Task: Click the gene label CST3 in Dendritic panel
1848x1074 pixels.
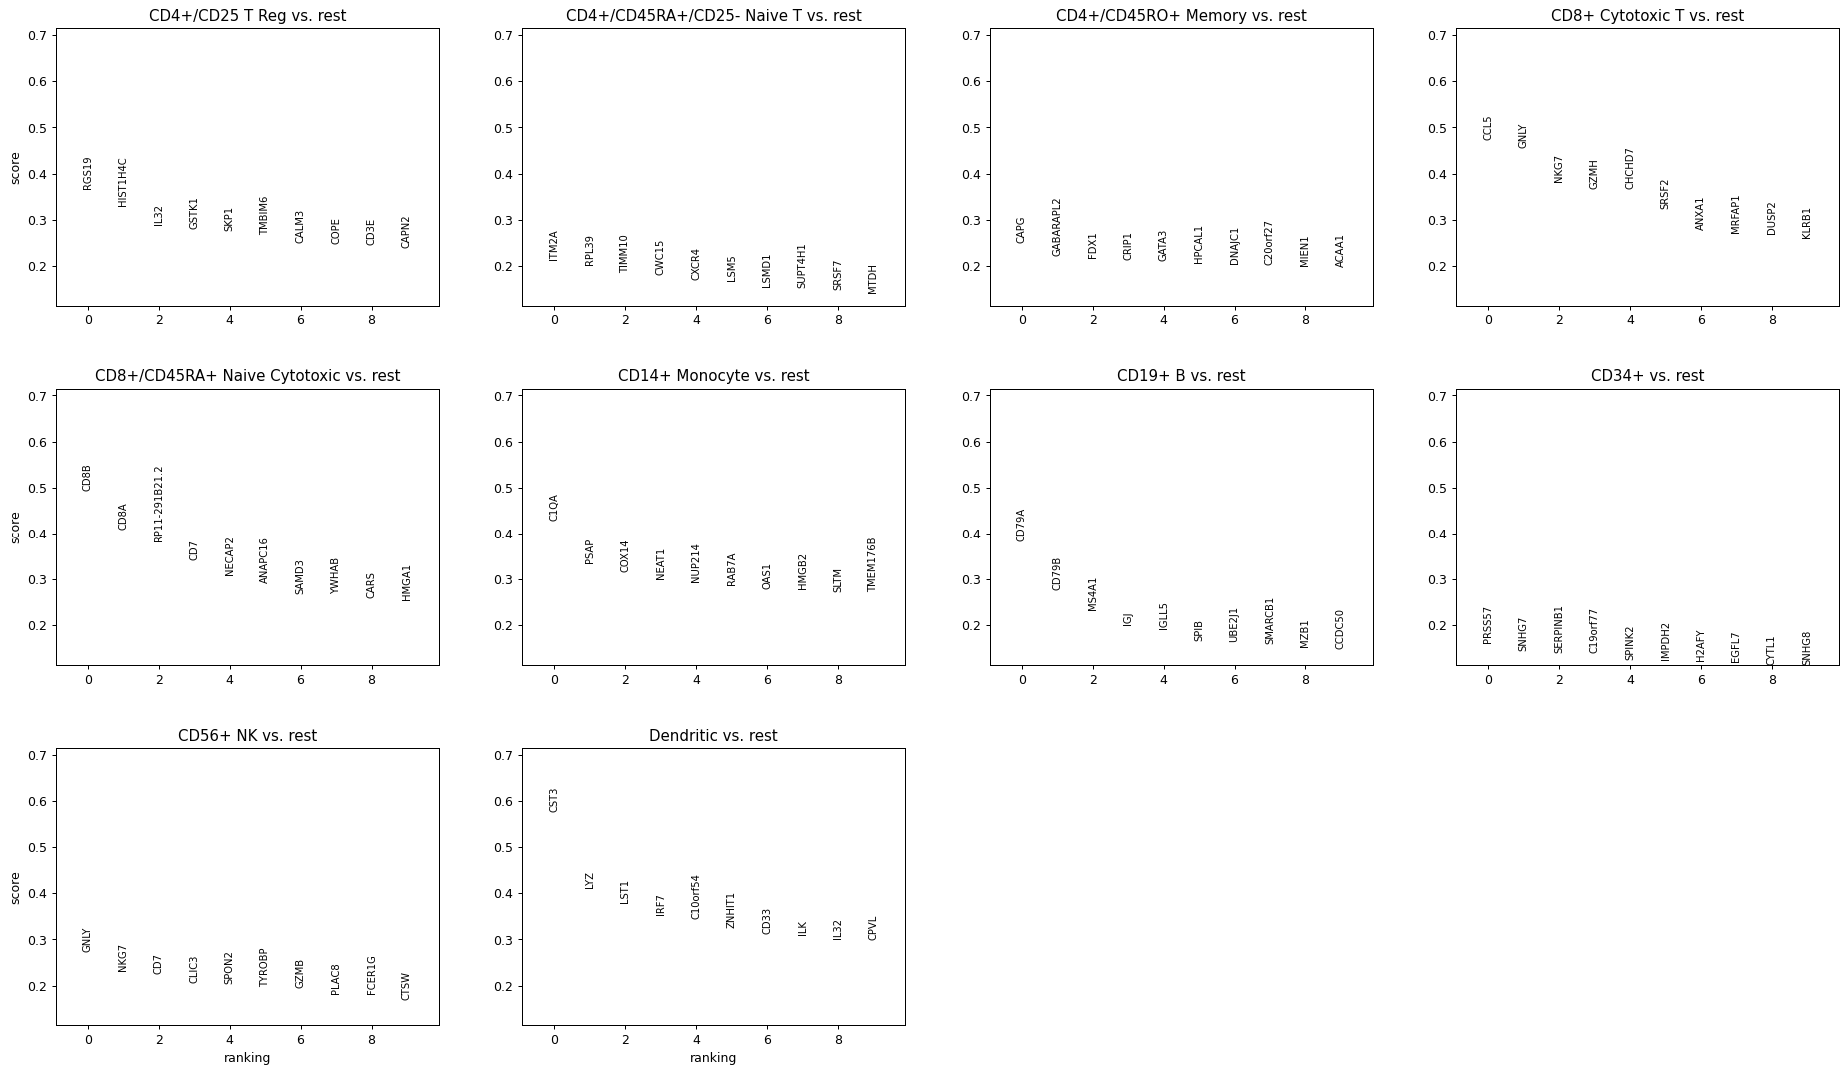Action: [554, 800]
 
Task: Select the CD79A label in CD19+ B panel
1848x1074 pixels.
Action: [1021, 526]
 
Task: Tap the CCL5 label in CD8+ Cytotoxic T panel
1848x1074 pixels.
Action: [1488, 128]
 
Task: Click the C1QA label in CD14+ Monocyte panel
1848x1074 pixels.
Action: [554, 508]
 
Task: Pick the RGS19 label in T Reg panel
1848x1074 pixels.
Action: [88, 173]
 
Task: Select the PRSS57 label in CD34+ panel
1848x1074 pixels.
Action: [1488, 625]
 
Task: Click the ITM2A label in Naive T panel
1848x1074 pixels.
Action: [554, 246]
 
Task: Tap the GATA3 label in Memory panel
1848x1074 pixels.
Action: [1163, 246]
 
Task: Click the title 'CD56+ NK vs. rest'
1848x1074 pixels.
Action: [247, 736]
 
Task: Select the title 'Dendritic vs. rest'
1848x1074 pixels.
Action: [713, 736]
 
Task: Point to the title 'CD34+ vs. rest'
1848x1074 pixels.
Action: [1647, 376]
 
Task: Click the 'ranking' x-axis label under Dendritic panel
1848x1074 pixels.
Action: [713, 1058]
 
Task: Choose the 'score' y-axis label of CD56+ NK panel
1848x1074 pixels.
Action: [15, 887]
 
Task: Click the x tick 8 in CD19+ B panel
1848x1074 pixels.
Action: [1305, 680]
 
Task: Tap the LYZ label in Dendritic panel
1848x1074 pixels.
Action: [589, 881]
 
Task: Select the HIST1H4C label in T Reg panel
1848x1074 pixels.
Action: [123, 182]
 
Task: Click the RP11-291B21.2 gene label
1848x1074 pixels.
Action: [158, 504]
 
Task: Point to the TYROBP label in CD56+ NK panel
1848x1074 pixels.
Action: [264, 967]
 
